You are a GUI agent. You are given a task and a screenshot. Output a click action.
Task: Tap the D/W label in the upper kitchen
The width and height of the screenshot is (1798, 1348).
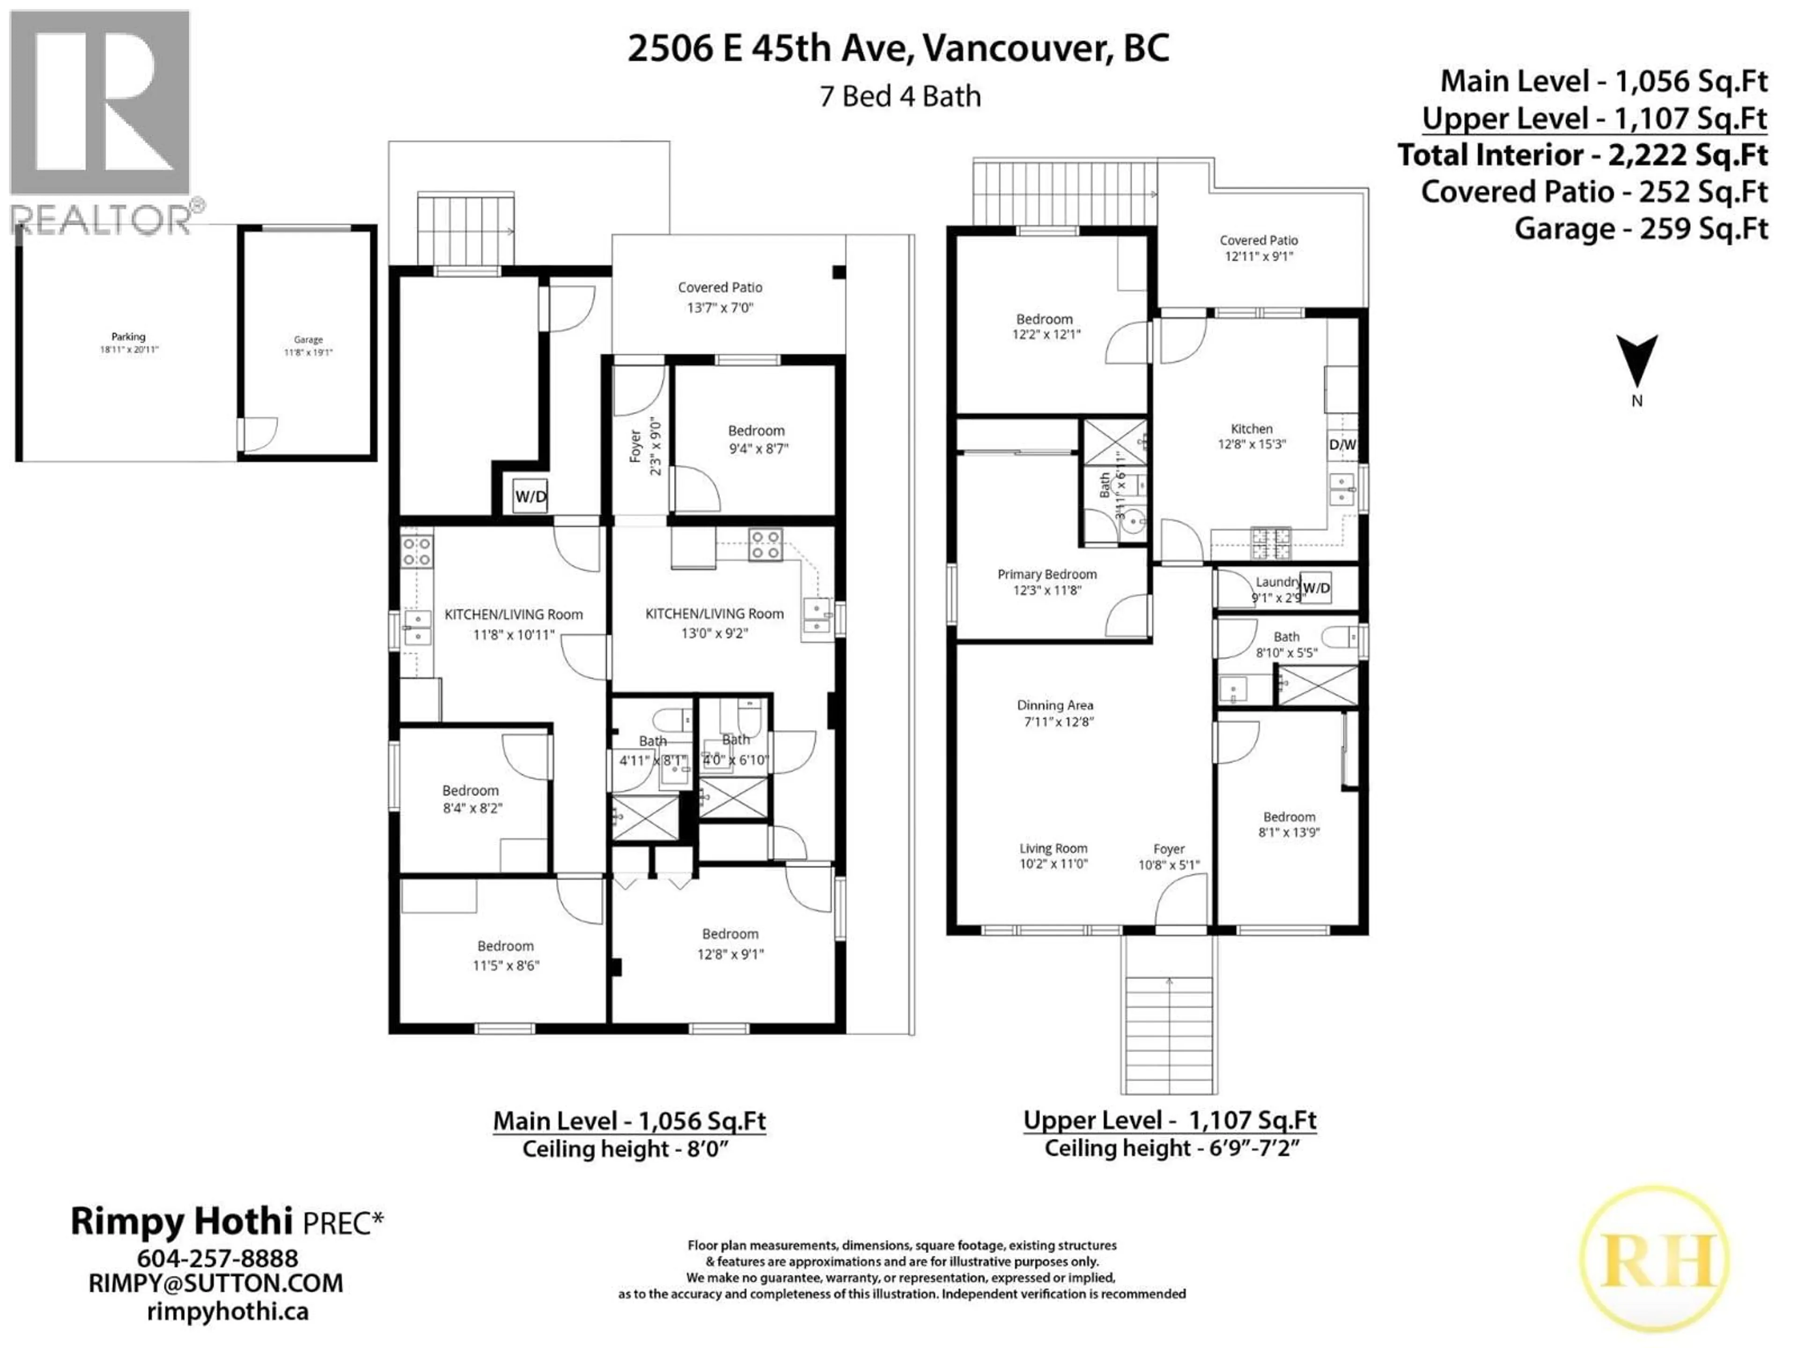click(1342, 445)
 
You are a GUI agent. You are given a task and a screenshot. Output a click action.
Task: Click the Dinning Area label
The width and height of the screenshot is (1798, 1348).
click(1055, 712)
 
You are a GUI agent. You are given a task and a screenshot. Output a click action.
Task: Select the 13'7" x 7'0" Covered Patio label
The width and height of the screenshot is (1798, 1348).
click(720, 297)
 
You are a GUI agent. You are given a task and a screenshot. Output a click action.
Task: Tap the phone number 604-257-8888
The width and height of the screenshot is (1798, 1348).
click(217, 1258)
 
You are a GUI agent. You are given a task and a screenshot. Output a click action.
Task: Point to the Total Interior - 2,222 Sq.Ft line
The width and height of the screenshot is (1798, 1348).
click(1582, 155)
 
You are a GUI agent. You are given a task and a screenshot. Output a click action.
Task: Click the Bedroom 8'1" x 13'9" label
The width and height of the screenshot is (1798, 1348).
click(1289, 824)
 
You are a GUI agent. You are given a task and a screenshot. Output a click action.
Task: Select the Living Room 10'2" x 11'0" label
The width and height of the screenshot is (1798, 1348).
click(1054, 856)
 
